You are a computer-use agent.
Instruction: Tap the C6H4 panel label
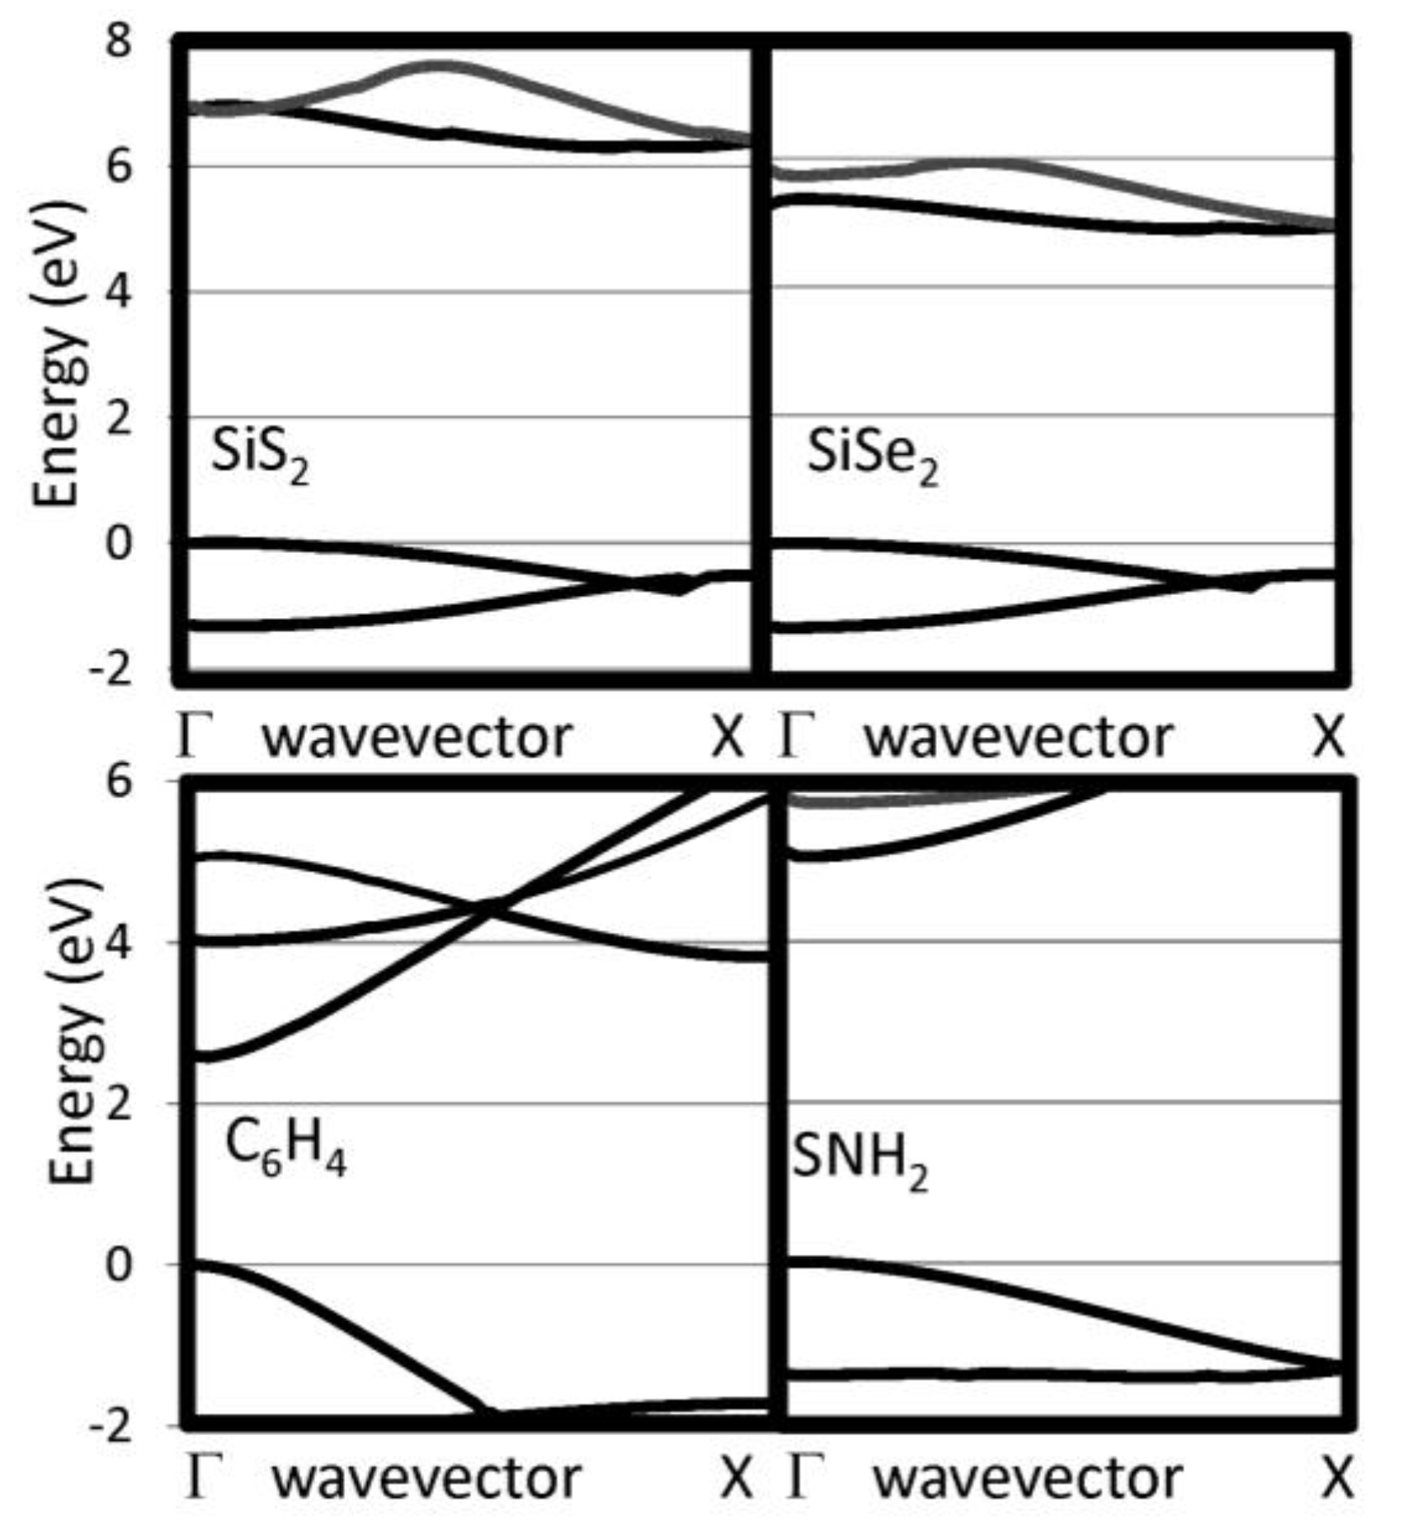tap(285, 1150)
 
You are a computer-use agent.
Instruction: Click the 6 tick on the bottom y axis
tap(119, 780)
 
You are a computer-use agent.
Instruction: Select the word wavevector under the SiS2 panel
tap(417, 737)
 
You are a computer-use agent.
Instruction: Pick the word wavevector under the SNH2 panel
tap(1027, 1477)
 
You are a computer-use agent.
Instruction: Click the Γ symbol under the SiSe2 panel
tap(796, 735)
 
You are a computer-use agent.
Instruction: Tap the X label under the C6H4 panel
tap(737, 1477)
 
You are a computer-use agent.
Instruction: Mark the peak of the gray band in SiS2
tap(441, 65)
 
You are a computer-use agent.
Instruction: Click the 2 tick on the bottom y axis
tap(119, 1103)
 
